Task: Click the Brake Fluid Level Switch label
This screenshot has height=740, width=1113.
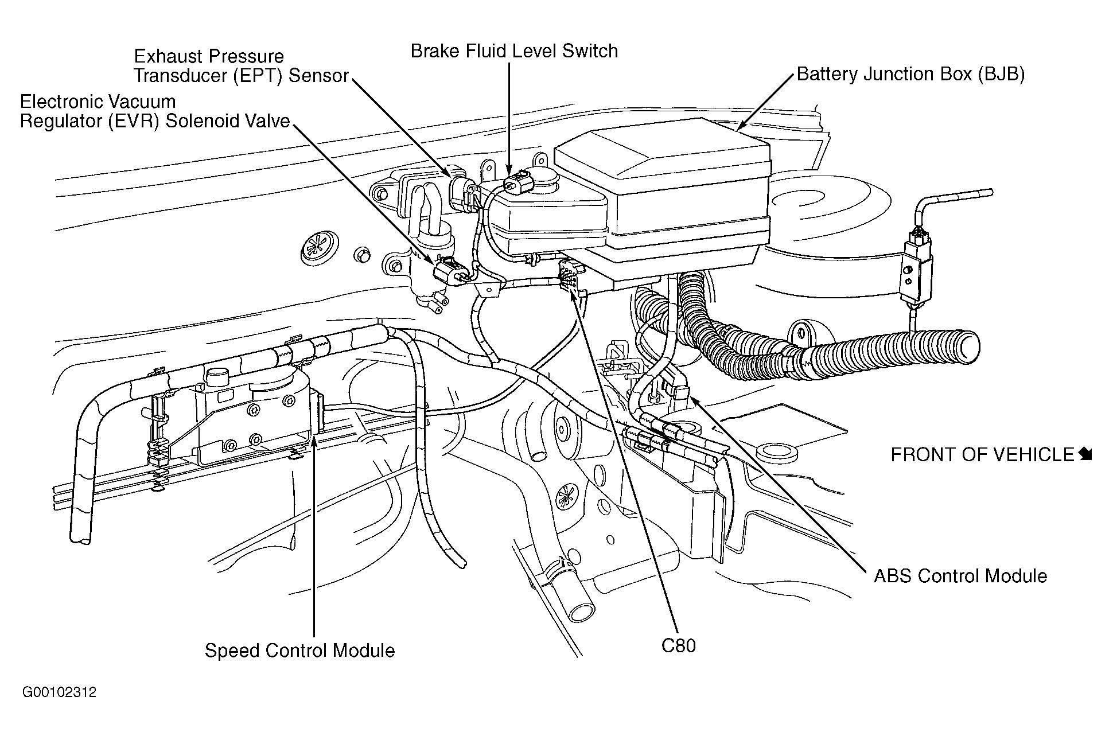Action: tap(514, 51)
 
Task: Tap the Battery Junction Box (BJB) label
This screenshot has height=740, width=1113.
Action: tap(911, 74)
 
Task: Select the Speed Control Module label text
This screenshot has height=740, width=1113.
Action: tap(300, 651)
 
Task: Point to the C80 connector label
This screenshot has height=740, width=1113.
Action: tap(679, 646)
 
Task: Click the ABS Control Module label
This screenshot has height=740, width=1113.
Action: tap(960, 576)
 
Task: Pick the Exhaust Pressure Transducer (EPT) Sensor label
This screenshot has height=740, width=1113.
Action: tap(242, 66)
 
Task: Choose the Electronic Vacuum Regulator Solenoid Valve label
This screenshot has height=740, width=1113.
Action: tap(155, 111)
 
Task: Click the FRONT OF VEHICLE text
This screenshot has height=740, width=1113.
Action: tap(982, 455)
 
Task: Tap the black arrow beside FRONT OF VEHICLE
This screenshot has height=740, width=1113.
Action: tap(1085, 454)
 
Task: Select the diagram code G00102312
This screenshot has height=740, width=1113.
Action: tap(60, 692)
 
